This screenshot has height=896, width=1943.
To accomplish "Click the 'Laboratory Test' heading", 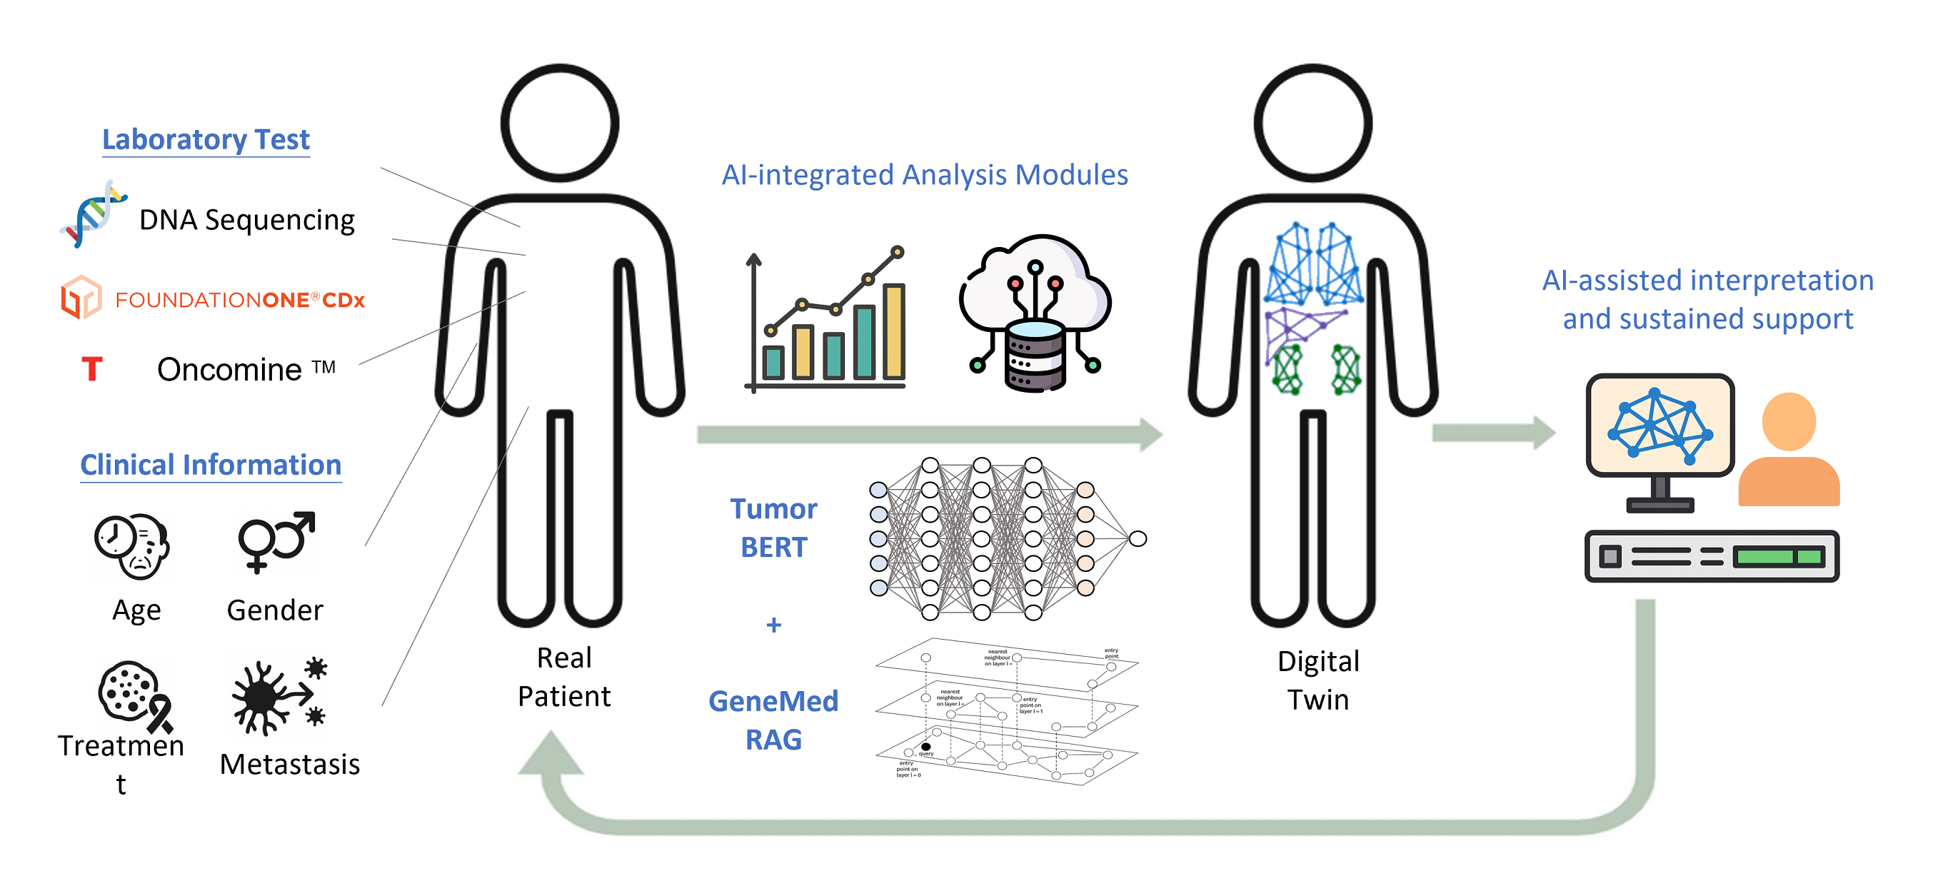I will click(x=206, y=139).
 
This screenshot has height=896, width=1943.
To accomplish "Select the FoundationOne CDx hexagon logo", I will click(x=81, y=297).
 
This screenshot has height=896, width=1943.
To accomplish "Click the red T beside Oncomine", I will click(x=92, y=369).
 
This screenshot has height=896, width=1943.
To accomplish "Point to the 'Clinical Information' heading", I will click(x=211, y=465).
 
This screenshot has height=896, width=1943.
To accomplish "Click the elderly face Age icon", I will click(x=133, y=546).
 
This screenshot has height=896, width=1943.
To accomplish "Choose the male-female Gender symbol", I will click(x=276, y=540).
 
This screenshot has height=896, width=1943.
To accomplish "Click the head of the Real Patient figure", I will click(x=560, y=123).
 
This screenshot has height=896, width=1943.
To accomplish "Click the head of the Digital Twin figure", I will click(x=1312, y=123).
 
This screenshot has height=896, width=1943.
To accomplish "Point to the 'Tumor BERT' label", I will click(x=773, y=528).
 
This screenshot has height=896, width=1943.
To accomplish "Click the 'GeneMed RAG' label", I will click(x=773, y=720).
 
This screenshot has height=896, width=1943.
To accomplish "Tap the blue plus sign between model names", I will click(x=773, y=625).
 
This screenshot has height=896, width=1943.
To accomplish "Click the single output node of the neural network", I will click(x=1138, y=538).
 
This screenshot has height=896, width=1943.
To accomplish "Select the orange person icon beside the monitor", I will click(x=1788, y=450).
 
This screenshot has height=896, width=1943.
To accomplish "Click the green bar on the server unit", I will click(x=1778, y=558).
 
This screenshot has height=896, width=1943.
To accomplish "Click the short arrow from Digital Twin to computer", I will click(x=1492, y=432).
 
